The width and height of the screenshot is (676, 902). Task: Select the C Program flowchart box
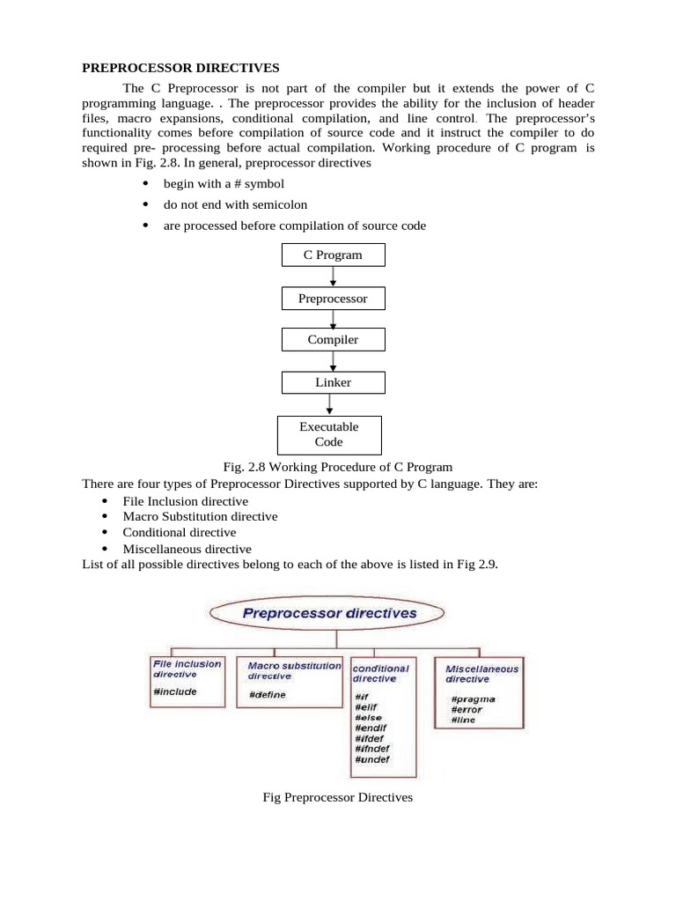click(332, 255)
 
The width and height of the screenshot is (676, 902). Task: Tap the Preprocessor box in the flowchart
click(333, 299)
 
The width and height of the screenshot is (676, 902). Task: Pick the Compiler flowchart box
click(333, 339)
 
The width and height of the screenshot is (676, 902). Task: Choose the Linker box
click(333, 382)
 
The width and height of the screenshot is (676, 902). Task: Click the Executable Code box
click(329, 434)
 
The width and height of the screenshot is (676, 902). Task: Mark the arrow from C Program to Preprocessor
click(333, 277)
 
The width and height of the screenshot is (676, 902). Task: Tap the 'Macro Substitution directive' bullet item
click(200, 516)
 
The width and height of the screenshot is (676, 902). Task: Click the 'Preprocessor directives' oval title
click(329, 613)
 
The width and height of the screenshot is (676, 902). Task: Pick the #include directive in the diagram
click(175, 692)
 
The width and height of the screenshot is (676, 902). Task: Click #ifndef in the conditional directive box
click(374, 749)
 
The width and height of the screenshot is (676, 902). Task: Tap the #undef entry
click(371, 759)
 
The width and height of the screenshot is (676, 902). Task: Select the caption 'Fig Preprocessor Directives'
click(338, 798)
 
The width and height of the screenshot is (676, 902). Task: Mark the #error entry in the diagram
click(467, 709)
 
